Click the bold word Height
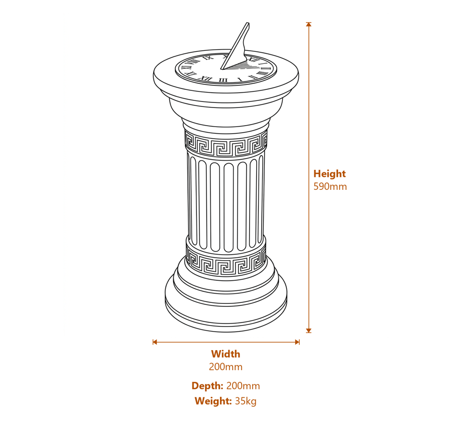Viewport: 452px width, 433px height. point(329,173)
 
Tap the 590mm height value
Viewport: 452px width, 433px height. point(330,186)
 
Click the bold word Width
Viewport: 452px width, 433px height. point(225,354)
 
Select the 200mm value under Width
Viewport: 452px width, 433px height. point(225,367)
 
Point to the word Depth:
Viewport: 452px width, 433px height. point(207,386)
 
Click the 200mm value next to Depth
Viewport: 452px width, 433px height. point(243,386)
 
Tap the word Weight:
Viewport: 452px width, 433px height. point(213,401)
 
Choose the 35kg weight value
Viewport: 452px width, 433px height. point(246,401)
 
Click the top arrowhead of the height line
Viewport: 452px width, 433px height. point(309,24)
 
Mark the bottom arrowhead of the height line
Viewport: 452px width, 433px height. point(309,331)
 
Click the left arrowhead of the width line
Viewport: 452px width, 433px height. point(155,342)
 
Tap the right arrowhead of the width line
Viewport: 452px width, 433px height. point(297,342)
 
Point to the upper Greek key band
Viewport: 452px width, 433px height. point(225,144)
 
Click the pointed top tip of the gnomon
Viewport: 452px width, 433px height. point(248,23)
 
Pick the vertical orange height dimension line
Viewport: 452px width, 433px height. point(309,178)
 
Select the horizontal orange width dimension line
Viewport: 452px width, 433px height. point(226,342)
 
